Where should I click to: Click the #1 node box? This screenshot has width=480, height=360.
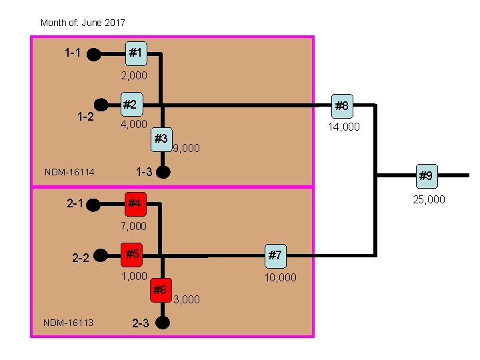click(x=135, y=52)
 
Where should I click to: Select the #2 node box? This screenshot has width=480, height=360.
click(x=131, y=105)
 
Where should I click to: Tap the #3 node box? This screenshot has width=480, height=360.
click(x=161, y=139)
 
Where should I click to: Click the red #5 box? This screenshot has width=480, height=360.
click(x=133, y=254)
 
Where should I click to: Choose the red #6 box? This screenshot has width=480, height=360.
click(x=160, y=289)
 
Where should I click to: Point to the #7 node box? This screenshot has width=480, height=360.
click(x=276, y=255)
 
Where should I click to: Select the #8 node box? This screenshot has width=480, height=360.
click(x=341, y=105)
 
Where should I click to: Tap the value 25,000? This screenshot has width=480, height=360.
click(x=429, y=199)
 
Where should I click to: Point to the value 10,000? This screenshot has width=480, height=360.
click(x=281, y=277)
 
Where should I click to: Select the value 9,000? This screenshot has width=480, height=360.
click(x=186, y=148)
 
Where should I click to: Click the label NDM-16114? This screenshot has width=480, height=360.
click(x=69, y=173)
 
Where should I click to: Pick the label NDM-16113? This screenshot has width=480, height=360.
click(x=68, y=323)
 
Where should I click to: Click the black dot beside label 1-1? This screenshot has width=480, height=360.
click(x=95, y=53)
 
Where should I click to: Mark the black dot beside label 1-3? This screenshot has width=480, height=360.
click(x=164, y=172)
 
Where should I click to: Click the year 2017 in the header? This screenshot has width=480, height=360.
click(x=114, y=23)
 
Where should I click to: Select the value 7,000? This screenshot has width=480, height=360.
click(x=134, y=227)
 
